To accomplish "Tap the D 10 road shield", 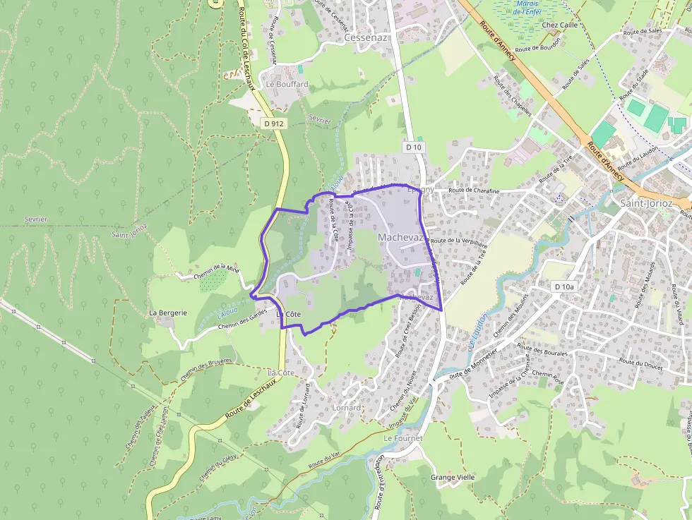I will [x=414, y=147].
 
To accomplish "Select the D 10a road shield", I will [x=565, y=286].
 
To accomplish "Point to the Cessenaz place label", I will [x=366, y=38].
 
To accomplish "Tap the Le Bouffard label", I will [x=287, y=84].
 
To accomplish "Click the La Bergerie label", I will [x=168, y=312].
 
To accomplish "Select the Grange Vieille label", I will [x=453, y=477].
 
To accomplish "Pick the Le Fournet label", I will [x=402, y=438].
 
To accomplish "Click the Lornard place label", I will [x=346, y=408].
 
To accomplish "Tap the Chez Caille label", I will [x=560, y=25].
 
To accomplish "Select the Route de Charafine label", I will [x=474, y=191].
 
